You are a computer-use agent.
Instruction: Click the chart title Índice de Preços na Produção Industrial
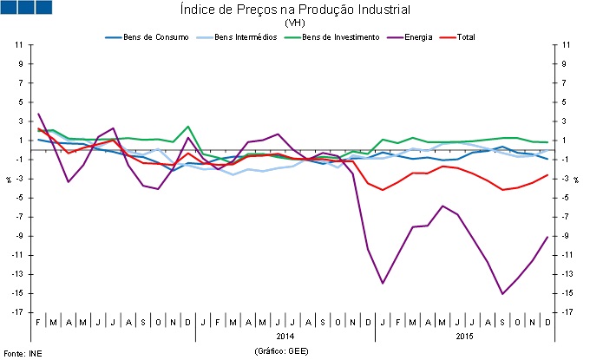[x=293, y=10]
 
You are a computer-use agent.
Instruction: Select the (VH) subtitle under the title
[x=293, y=23]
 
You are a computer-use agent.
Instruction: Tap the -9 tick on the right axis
[x=566, y=236]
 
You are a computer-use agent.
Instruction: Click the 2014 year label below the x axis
[x=286, y=335]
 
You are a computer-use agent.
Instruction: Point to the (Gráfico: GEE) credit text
[x=282, y=351]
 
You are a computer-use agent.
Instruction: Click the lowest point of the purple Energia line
[x=502, y=294]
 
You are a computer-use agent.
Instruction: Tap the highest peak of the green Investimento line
[x=188, y=127]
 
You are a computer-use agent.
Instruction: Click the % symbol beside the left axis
[x=9, y=179]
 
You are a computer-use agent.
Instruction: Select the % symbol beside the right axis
[x=576, y=179]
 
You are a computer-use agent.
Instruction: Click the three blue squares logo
[x=28, y=8]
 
